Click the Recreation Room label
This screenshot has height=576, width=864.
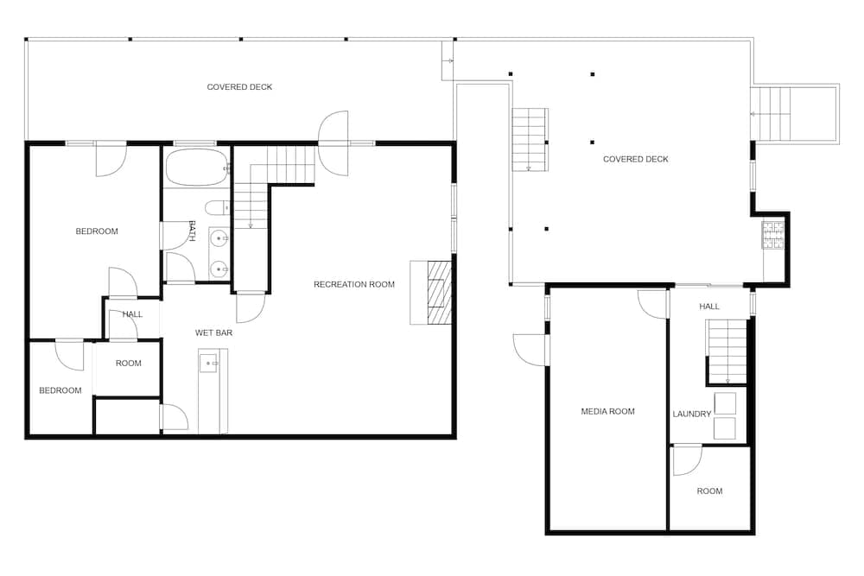click(353, 284)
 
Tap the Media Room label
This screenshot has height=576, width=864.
click(607, 411)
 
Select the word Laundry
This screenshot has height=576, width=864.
click(691, 415)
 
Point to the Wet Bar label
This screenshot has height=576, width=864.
click(213, 332)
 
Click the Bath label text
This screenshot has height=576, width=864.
click(193, 231)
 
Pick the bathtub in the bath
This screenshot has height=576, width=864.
click(197, 168)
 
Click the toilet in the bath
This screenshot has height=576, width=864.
click(217, 207)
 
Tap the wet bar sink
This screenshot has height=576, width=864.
click(209, 364)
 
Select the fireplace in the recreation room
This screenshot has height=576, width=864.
click(431, 293)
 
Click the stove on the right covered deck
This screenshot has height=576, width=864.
click(772, 235)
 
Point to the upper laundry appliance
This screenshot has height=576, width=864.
click(725, 403)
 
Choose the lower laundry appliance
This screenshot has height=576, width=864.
click(725, 428)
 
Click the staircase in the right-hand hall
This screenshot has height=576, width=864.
click(727, 351)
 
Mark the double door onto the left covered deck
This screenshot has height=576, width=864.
click(334, 143)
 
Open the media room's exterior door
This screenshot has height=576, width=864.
click(530, 350)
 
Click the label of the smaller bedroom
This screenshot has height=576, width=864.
click(60, 390)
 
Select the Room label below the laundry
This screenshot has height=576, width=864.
click(709, 491)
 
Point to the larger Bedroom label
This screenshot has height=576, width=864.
click(97, 231)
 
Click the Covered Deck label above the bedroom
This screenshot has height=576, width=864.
click(239, 87)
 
